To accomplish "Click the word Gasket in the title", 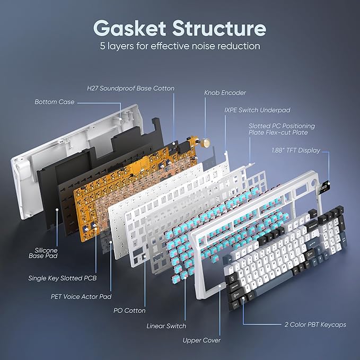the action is (129, 28).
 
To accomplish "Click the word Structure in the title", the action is (219, 28).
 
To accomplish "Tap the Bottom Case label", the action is (55, 102).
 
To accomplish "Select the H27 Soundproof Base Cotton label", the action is (130, 89).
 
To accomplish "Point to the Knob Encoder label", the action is (225, 93).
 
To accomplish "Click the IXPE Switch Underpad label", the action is (257, 110).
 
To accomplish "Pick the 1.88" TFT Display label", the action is (296, 151).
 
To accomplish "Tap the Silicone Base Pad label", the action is (43, 253).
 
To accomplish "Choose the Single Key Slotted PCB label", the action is (63, 278).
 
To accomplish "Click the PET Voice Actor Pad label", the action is (81, 296).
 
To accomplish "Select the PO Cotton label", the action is (129, 311).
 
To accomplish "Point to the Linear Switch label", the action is (166, 326).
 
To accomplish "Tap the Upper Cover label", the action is (201, 340).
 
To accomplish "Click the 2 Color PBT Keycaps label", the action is (315, 324).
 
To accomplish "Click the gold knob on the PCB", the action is (206, 142).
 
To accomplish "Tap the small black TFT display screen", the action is (323, 189).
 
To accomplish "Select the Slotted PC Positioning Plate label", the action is (282, 129).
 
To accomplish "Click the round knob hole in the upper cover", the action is (313, 178).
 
